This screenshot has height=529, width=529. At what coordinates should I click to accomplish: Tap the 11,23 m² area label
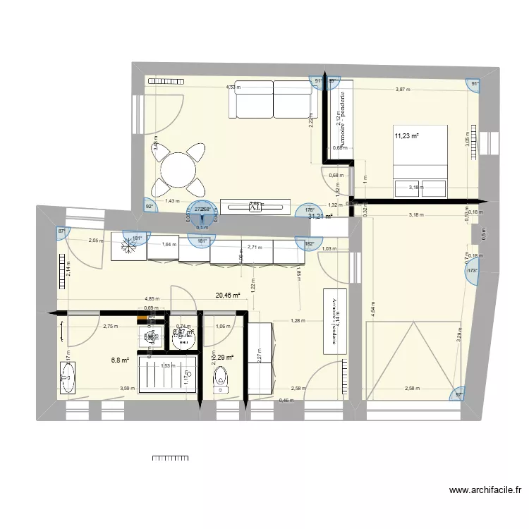coord(407,136)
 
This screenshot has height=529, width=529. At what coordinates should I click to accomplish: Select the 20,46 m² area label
coord(228,296)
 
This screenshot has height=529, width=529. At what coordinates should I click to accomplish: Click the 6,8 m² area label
coord(120,360)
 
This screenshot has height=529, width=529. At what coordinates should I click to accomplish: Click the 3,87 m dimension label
coord(402,90)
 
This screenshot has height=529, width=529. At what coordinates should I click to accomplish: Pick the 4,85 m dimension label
coord(151,298)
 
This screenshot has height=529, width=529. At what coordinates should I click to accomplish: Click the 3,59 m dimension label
coord(127,388)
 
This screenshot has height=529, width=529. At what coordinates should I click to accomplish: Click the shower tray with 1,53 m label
coord(167,372)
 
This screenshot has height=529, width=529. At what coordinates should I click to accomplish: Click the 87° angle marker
coord(61,231)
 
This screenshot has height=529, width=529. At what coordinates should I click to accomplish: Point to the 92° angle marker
coord(150,207)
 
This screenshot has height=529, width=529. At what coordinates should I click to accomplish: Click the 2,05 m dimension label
coord(95,241)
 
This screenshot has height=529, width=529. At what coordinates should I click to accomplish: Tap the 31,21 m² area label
coord(320,217)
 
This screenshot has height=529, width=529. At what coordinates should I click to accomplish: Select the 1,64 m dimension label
coord(168,244)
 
